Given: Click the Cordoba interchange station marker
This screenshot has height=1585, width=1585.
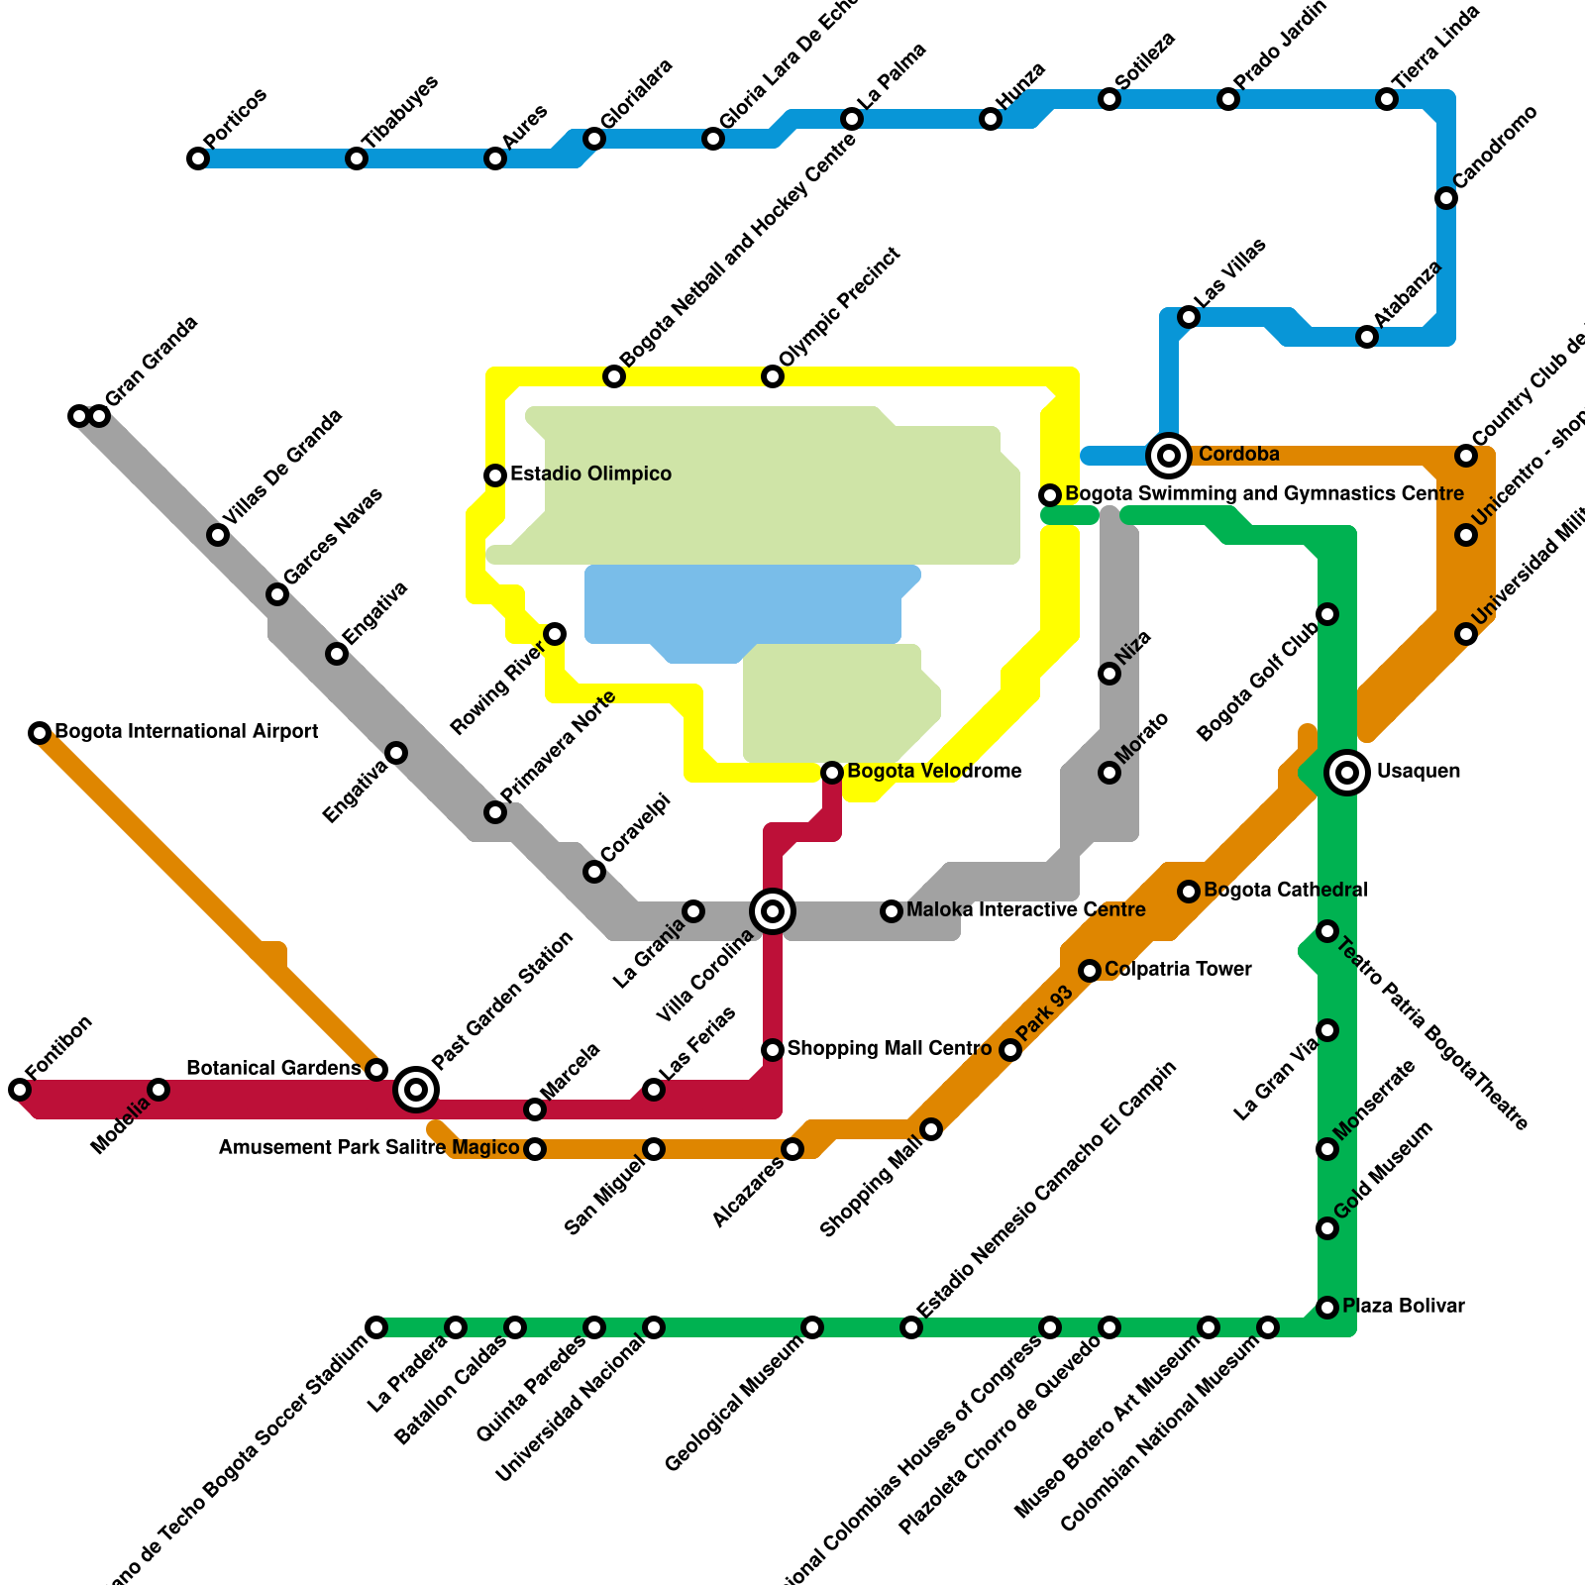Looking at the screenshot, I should [x=1169, y=456].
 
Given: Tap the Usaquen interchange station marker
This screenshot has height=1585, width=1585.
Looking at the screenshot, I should [x=1347, y=773].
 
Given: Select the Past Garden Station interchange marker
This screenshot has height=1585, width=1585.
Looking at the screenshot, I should [x=416, y=1090].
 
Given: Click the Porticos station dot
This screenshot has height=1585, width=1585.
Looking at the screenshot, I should [x=198, y=158].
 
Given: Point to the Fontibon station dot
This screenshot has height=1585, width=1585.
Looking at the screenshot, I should [x=20, y=1090].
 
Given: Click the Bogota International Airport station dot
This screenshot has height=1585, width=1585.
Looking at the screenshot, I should [x=40, y=733].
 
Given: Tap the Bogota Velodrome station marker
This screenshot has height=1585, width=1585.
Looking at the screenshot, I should [x=832, y=773].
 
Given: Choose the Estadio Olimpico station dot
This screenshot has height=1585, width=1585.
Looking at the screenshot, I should [x=495, y=475].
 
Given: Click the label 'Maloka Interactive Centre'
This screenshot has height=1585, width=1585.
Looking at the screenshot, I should [x=1025, y=909].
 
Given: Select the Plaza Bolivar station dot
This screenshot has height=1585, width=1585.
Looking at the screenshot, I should [x=1327, y=1308].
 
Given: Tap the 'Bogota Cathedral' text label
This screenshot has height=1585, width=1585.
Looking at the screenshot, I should [x=1285, y=890].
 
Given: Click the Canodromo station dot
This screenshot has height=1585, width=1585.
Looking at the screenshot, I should [x=1446, y=198].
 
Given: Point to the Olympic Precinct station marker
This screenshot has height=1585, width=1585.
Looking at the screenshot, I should [x=773, y=376].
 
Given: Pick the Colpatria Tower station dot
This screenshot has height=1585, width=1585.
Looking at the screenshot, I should [x=1090, y=971].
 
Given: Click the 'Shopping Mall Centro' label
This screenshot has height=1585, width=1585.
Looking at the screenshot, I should [x=889, y=1048].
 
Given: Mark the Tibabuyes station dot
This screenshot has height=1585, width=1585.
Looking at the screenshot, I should [x=357, y=158].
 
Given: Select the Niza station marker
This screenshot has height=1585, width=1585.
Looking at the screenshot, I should [x=1109, y=674].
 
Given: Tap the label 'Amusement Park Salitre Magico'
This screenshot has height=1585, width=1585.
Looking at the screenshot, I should [x=369, y=1147].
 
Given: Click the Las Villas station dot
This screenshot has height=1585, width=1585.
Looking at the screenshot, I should [x=1189, y=317].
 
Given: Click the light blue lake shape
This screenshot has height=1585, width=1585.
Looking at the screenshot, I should [x=743, y=604].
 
